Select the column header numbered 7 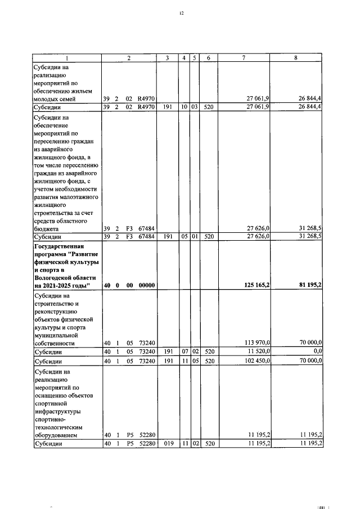click(244, 58)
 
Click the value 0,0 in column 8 click(316, 351)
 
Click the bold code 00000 click(146, 286)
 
